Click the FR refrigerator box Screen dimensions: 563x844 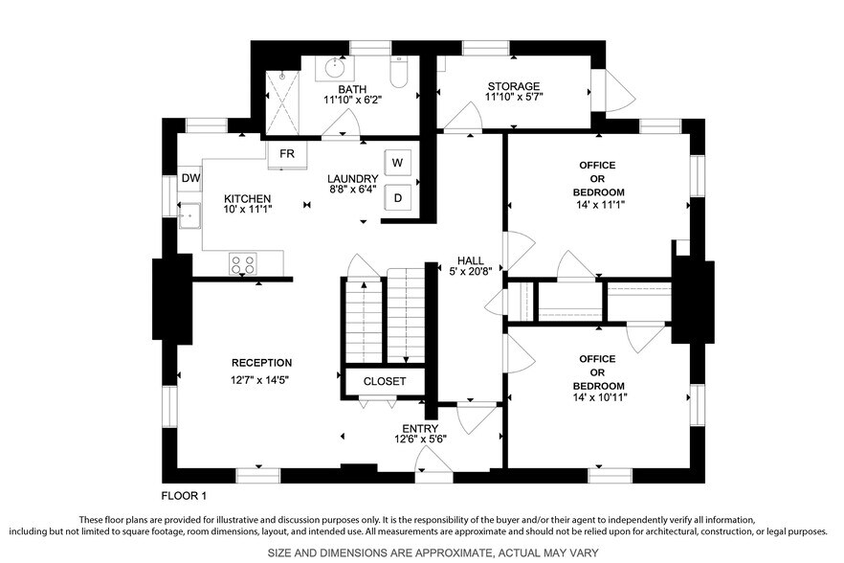pos(287,154)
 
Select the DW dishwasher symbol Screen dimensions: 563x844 pos(190,178)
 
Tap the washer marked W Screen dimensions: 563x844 pos(398,162)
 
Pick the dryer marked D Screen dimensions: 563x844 pos(398,197)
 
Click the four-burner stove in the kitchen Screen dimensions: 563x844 pos(242,264)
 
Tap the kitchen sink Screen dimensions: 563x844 pos(189,215)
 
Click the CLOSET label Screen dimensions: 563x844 pos(384,381)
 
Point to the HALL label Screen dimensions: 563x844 pos(470,260)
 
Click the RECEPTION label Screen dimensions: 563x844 pos(261,363)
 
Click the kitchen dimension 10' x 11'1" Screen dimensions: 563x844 pos(248,210)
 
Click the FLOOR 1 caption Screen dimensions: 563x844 pos(183,496)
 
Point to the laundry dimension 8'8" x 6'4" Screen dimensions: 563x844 pos(352,190)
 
